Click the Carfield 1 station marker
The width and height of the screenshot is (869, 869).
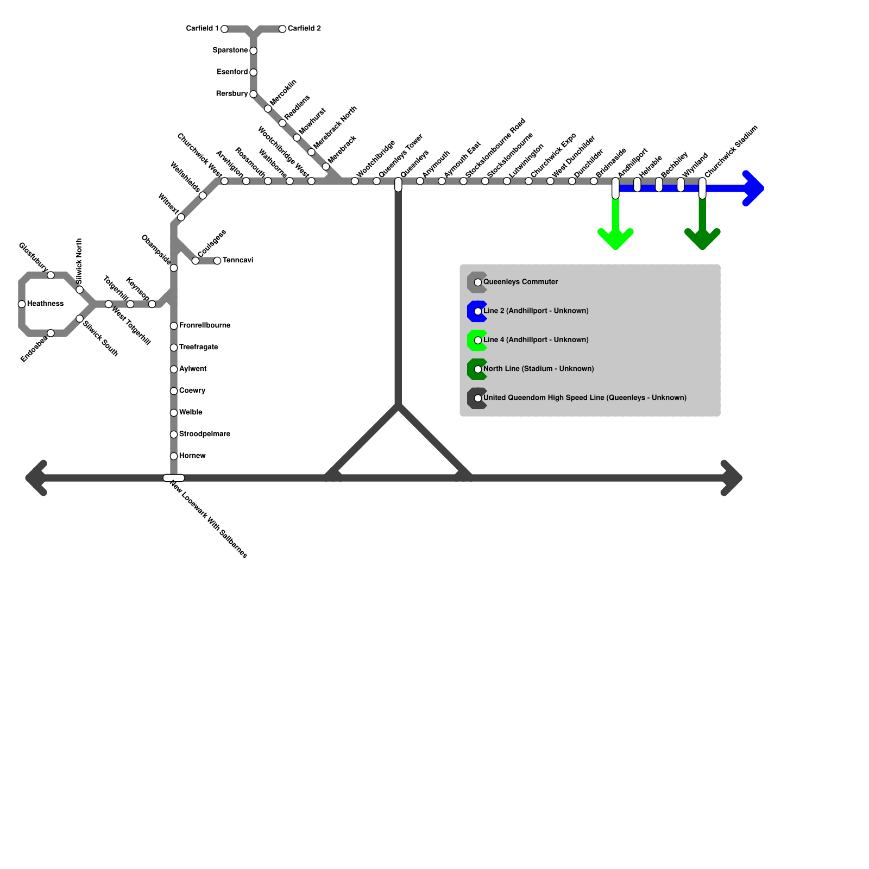click(x=224, y=29)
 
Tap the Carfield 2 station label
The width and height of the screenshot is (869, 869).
click(x=304, y=28)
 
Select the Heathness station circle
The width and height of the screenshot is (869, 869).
click(x=22, y=304)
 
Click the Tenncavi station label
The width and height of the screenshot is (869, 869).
click(x=238, y=261)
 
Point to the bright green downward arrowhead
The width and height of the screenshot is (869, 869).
click(x=615, y=239)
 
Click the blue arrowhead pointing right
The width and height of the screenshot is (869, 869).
click(x=753, y=188)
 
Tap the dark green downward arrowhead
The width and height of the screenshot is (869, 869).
click(x=702, y=239)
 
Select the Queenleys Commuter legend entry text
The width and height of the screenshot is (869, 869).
click(x=520, y=282)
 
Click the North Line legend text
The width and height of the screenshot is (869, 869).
click(x=538, y=369)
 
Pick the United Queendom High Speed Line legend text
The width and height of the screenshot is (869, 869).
click(x=584, y=398)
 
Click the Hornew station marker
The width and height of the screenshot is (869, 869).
click(x=174, y=456)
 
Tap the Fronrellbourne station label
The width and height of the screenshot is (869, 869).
click(x=205, y=326)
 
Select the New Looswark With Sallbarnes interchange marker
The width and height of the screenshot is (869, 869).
click(x=174, y=478)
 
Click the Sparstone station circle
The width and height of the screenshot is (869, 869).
click(x=253, y=51)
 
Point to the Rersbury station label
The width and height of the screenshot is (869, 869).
click(x=231, y=94)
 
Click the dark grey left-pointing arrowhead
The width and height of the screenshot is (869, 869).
click(x=36, y=478)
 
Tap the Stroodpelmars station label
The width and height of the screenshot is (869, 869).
click(x=204, y=434)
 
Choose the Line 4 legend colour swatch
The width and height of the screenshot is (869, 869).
click(x=476, y=341)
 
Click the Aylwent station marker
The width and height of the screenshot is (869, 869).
click(x=174, y=369)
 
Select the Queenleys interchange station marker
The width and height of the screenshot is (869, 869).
click(x=398, y=185)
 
